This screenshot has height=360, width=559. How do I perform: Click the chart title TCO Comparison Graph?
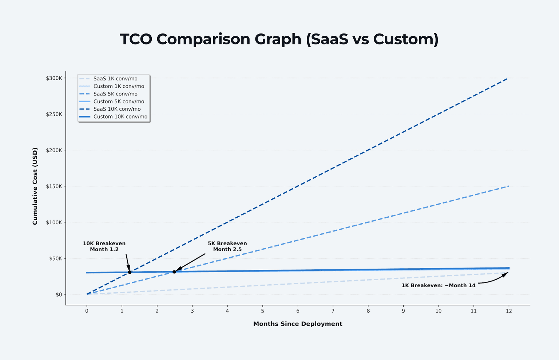coord(279,39)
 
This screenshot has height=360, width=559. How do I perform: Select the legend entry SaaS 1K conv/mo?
coord(115,79)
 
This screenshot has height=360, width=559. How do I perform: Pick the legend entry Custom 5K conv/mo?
coord(119,102)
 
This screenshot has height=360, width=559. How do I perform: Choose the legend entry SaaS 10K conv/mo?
coord(117,109)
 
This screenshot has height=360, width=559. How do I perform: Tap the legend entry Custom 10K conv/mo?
coord(120,117)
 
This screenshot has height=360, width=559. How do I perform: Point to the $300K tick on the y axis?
coord(54,78)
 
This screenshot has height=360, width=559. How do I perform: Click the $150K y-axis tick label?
coord(54,186)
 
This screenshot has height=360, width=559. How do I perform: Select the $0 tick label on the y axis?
coord(59,294)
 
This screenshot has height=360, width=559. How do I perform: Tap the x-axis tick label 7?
coord(333,311)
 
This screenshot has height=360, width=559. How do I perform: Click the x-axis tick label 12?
coord(509,311)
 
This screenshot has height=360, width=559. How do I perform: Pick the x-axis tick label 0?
coord(87,311)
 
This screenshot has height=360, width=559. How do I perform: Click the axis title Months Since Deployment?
coord(298,324)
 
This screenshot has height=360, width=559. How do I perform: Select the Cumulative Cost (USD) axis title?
coord(35,186)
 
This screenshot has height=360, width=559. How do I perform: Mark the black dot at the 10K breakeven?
coord(130,272)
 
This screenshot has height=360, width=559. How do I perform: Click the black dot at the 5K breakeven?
coord(174,272)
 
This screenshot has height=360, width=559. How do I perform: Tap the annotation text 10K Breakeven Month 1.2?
coord(104,246)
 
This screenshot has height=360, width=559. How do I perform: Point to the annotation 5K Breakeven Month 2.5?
coord(227,246)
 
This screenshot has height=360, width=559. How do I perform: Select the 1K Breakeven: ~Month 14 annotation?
coord(438,285)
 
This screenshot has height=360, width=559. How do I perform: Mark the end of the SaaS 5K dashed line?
coord(508,186)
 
